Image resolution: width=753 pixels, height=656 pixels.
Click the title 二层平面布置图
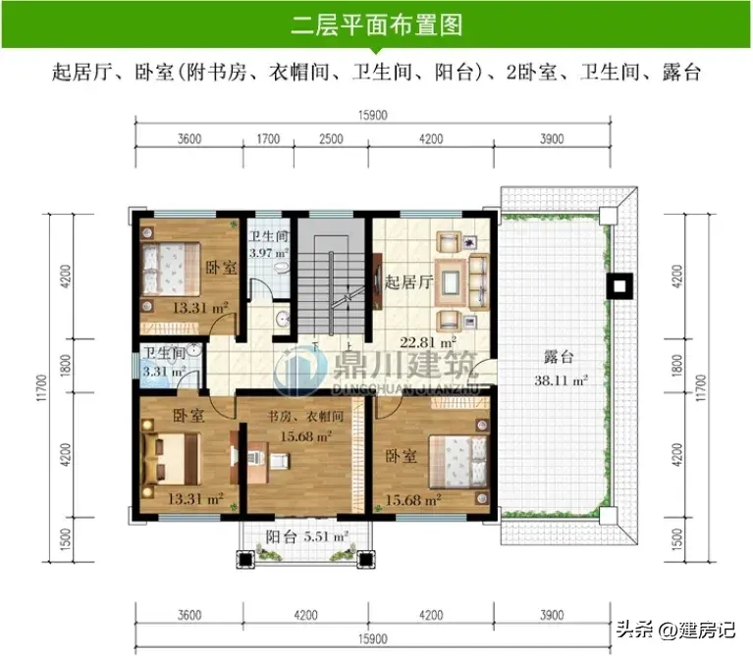tap(377, 25)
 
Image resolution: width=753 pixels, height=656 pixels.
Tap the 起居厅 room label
tap(408, 282)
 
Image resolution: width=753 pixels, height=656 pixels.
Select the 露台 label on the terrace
tap(559, 357)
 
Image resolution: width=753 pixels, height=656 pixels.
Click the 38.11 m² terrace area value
tap(561, 380)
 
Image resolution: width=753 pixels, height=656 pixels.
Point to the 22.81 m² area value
tap(428, 342)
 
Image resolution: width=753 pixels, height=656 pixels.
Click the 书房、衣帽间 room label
tap(305, 416)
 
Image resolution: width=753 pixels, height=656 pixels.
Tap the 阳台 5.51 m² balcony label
tap(307, 536)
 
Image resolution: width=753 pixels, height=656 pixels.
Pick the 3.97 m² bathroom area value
tap(268, 253)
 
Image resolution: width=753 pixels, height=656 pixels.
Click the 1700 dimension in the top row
tap(268, 139)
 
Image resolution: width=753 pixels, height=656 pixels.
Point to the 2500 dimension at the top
tap(332, 139)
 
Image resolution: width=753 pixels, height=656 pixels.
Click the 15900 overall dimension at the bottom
tap(373, 639)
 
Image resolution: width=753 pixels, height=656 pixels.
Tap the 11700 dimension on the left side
tap(42, 387)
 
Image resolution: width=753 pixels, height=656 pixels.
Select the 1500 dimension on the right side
tap(677, 538)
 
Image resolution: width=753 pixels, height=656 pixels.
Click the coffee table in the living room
tap(451, 282)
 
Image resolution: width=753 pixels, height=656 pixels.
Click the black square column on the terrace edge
tap(619, 286)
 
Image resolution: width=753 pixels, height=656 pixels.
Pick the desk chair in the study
tap(279, 461)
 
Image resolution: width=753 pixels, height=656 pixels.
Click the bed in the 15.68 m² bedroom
tap(457, 461)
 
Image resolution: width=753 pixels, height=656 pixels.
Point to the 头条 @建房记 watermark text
tap(675, 629)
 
